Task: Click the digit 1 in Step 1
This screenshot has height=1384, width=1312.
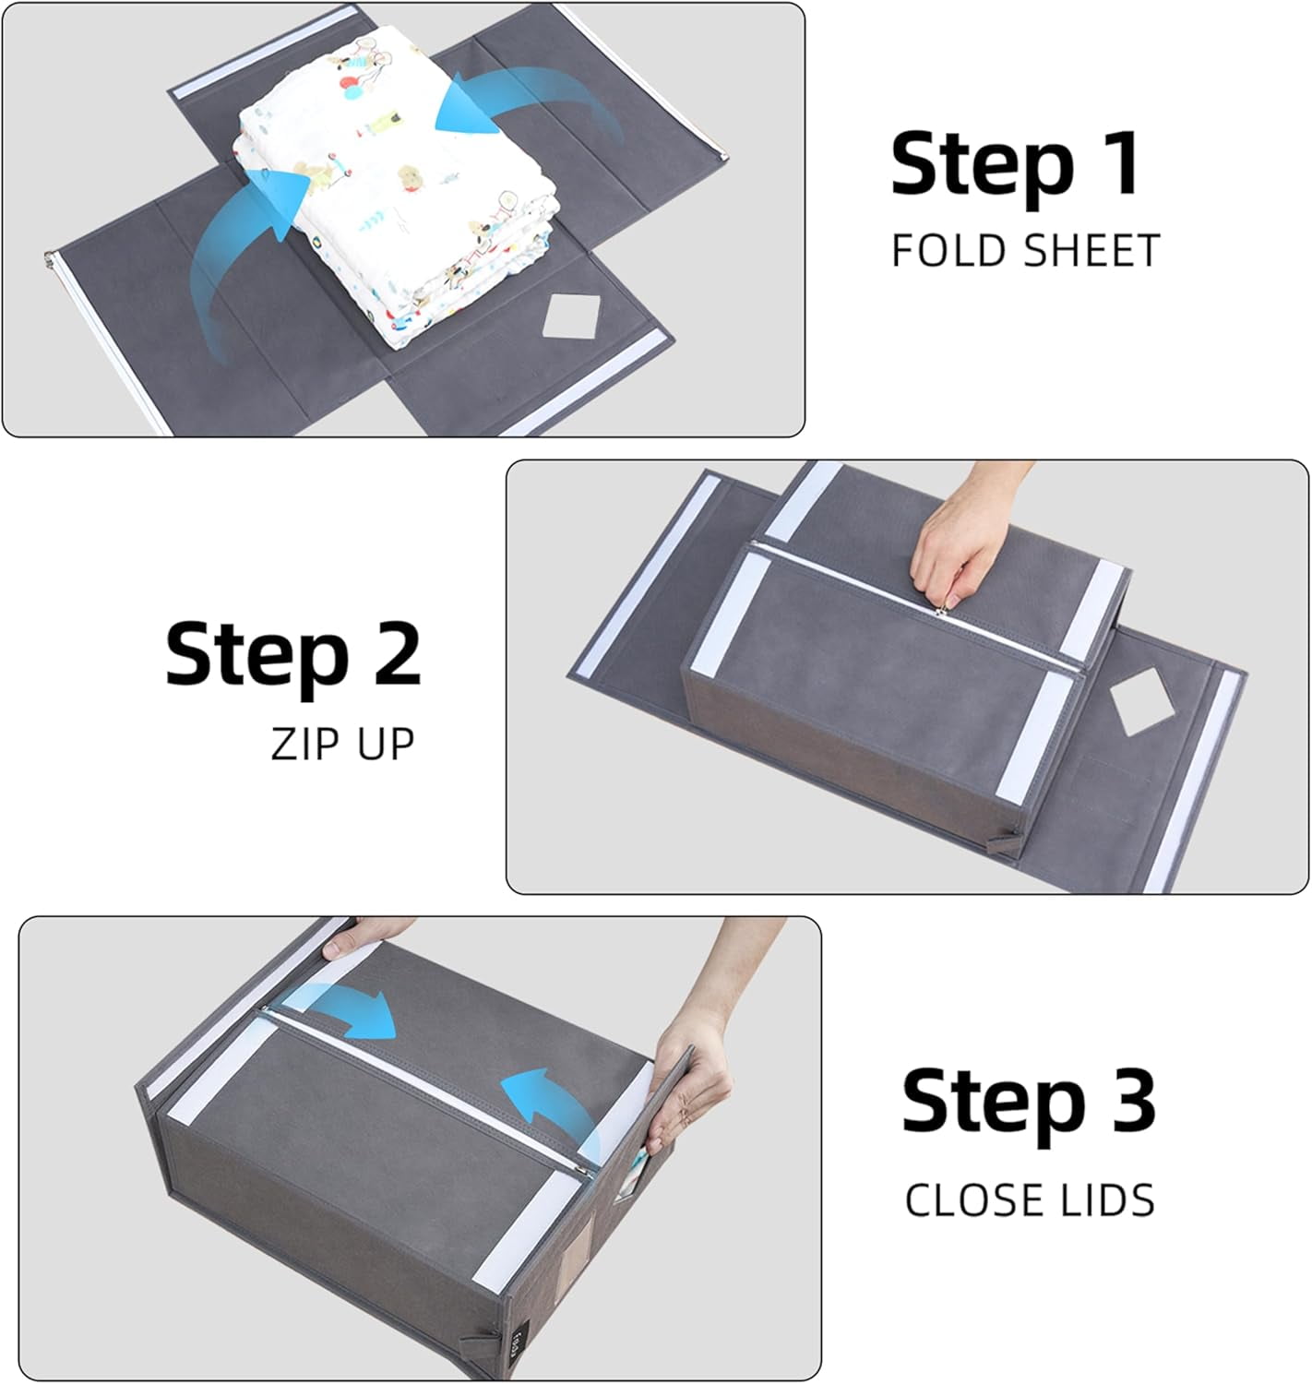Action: (x=1120, y=164)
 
